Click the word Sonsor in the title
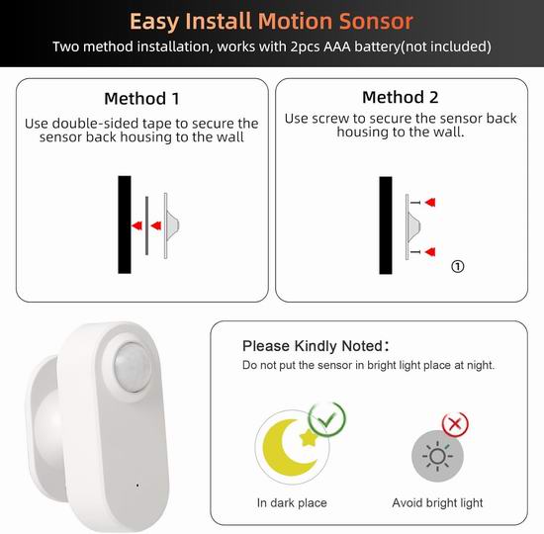(x=376, y=22)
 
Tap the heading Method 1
(x=141, y=99)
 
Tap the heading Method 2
(x=401, y=97)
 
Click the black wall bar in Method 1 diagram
(x=125, y=224)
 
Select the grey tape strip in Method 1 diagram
(x=146, y=225)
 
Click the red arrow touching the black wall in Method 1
(x=137, y=225)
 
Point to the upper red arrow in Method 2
(x=430, y=202)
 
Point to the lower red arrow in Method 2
(x=430, y=251)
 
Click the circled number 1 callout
(x=458, y=266)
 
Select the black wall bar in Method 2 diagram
(x=386, y=225)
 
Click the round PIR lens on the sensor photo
(x=133, y=367)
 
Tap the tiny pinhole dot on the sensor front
(x=137, y=486)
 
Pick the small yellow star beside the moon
(x=308, y=437)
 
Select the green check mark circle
(x=327, y=419)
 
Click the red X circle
(x=455, y=424)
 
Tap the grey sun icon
(x=437, y=456)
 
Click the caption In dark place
(x=292, y=502)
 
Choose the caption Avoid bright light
(x=437, y=502)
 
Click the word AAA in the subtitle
(x=337, y=46)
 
